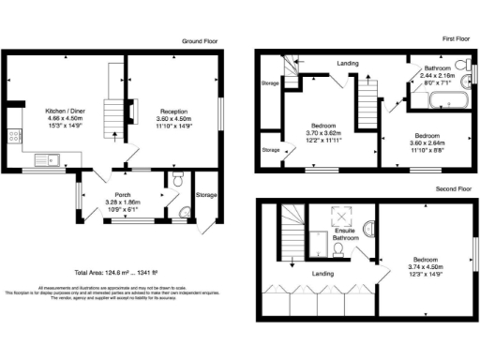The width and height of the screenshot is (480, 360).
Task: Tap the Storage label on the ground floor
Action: [x=206, y=195]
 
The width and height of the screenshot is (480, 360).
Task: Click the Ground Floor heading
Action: [x=200, y=41]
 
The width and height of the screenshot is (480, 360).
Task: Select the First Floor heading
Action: [x=457, y=38]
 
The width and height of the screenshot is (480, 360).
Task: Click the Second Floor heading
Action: [x=453, y=188]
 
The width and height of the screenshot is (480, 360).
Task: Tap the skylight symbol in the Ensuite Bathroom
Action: [x=336, y=214]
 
